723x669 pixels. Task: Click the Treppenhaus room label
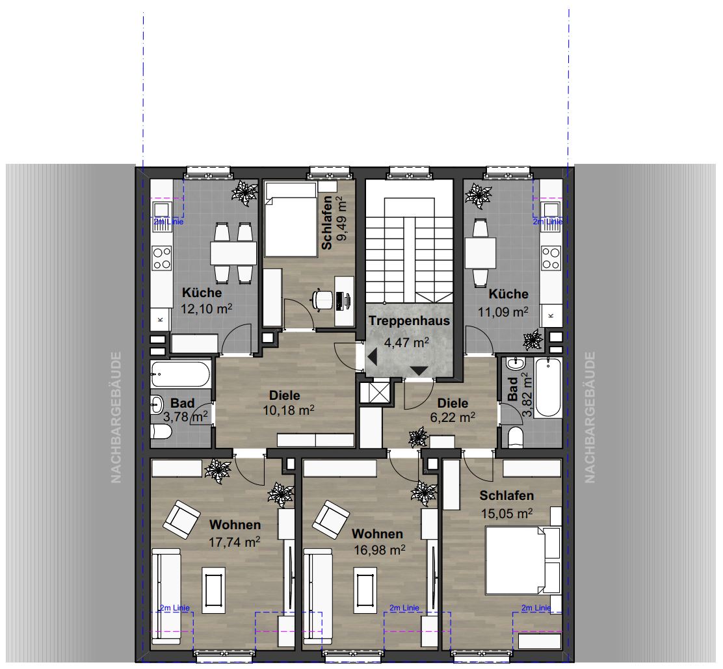[409, 321]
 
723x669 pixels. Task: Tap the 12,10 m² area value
[206, 308]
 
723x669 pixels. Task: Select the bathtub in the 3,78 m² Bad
[180, 374]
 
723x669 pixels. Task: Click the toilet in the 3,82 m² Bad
[516, 437]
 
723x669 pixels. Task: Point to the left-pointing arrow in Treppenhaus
[372, 357]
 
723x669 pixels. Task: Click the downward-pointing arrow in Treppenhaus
[419, 371]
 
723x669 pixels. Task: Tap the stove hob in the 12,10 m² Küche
[162, 257]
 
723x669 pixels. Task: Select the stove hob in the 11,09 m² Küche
[551, 257]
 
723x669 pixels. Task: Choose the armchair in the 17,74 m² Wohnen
[181, 519]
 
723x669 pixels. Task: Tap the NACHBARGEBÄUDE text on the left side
[116, 417]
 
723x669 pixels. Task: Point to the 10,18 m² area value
[289, 410]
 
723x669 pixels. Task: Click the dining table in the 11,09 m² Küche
[480, 253]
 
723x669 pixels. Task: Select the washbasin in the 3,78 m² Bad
[157, 405]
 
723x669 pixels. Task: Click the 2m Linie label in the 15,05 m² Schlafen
[536, 608]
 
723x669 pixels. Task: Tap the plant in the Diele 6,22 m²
[418, 437]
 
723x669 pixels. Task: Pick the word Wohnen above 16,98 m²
[377, 534]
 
